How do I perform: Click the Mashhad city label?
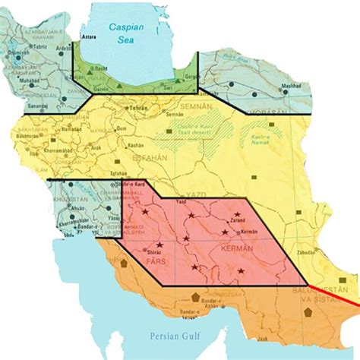pyautogui.click(x=292, y=87)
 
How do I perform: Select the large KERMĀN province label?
pyautogui.click(x=231, y=249)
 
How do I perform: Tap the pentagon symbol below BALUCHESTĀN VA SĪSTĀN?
pyautogui.click(x=308, y=313)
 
